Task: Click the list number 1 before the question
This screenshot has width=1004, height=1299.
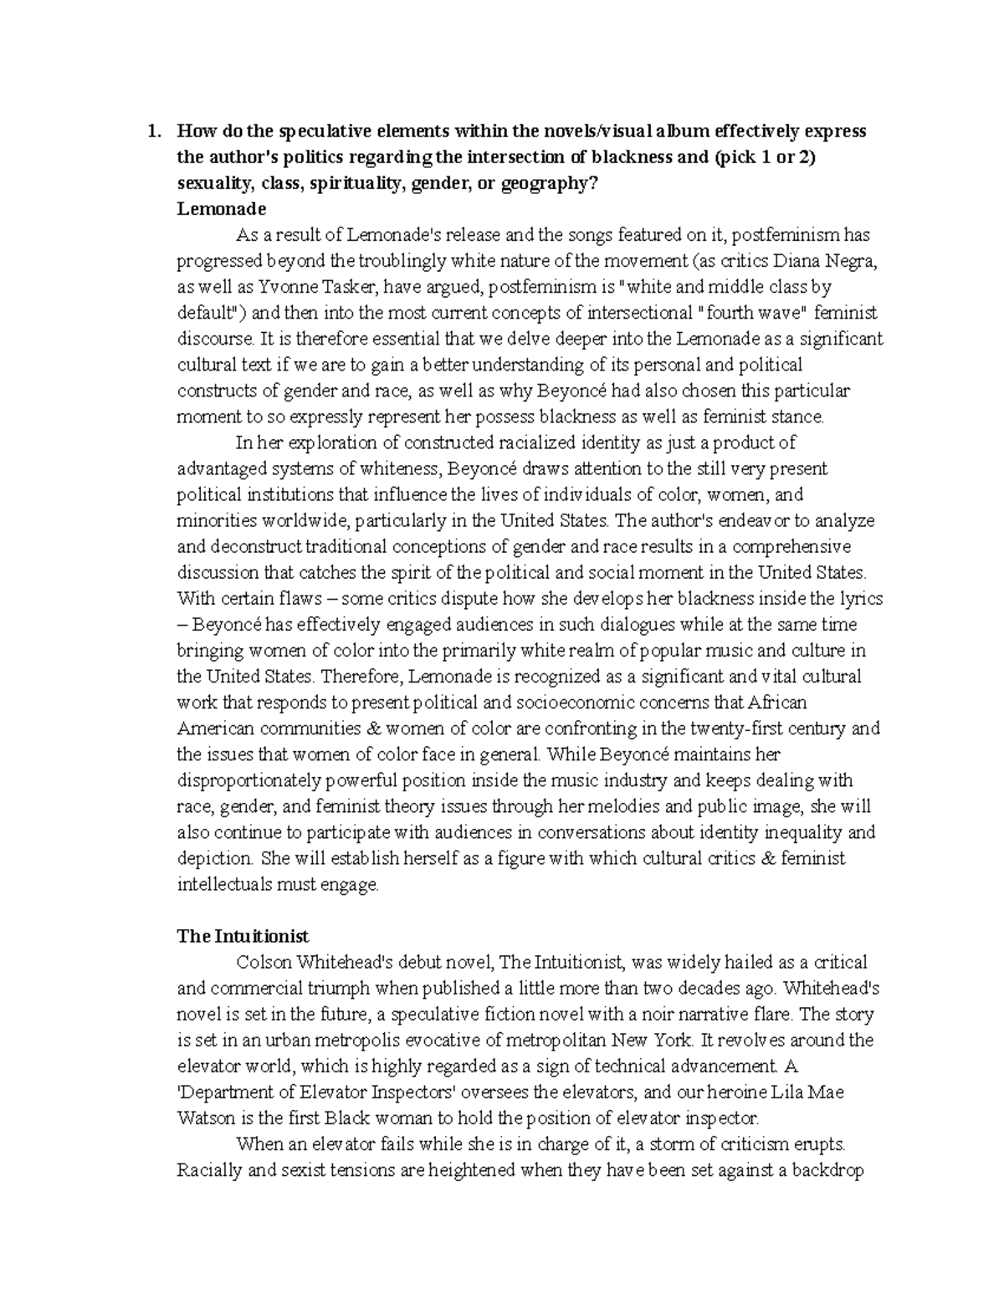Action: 151,131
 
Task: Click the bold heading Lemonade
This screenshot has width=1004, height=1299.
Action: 221,209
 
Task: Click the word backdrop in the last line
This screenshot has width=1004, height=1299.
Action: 829,1170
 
